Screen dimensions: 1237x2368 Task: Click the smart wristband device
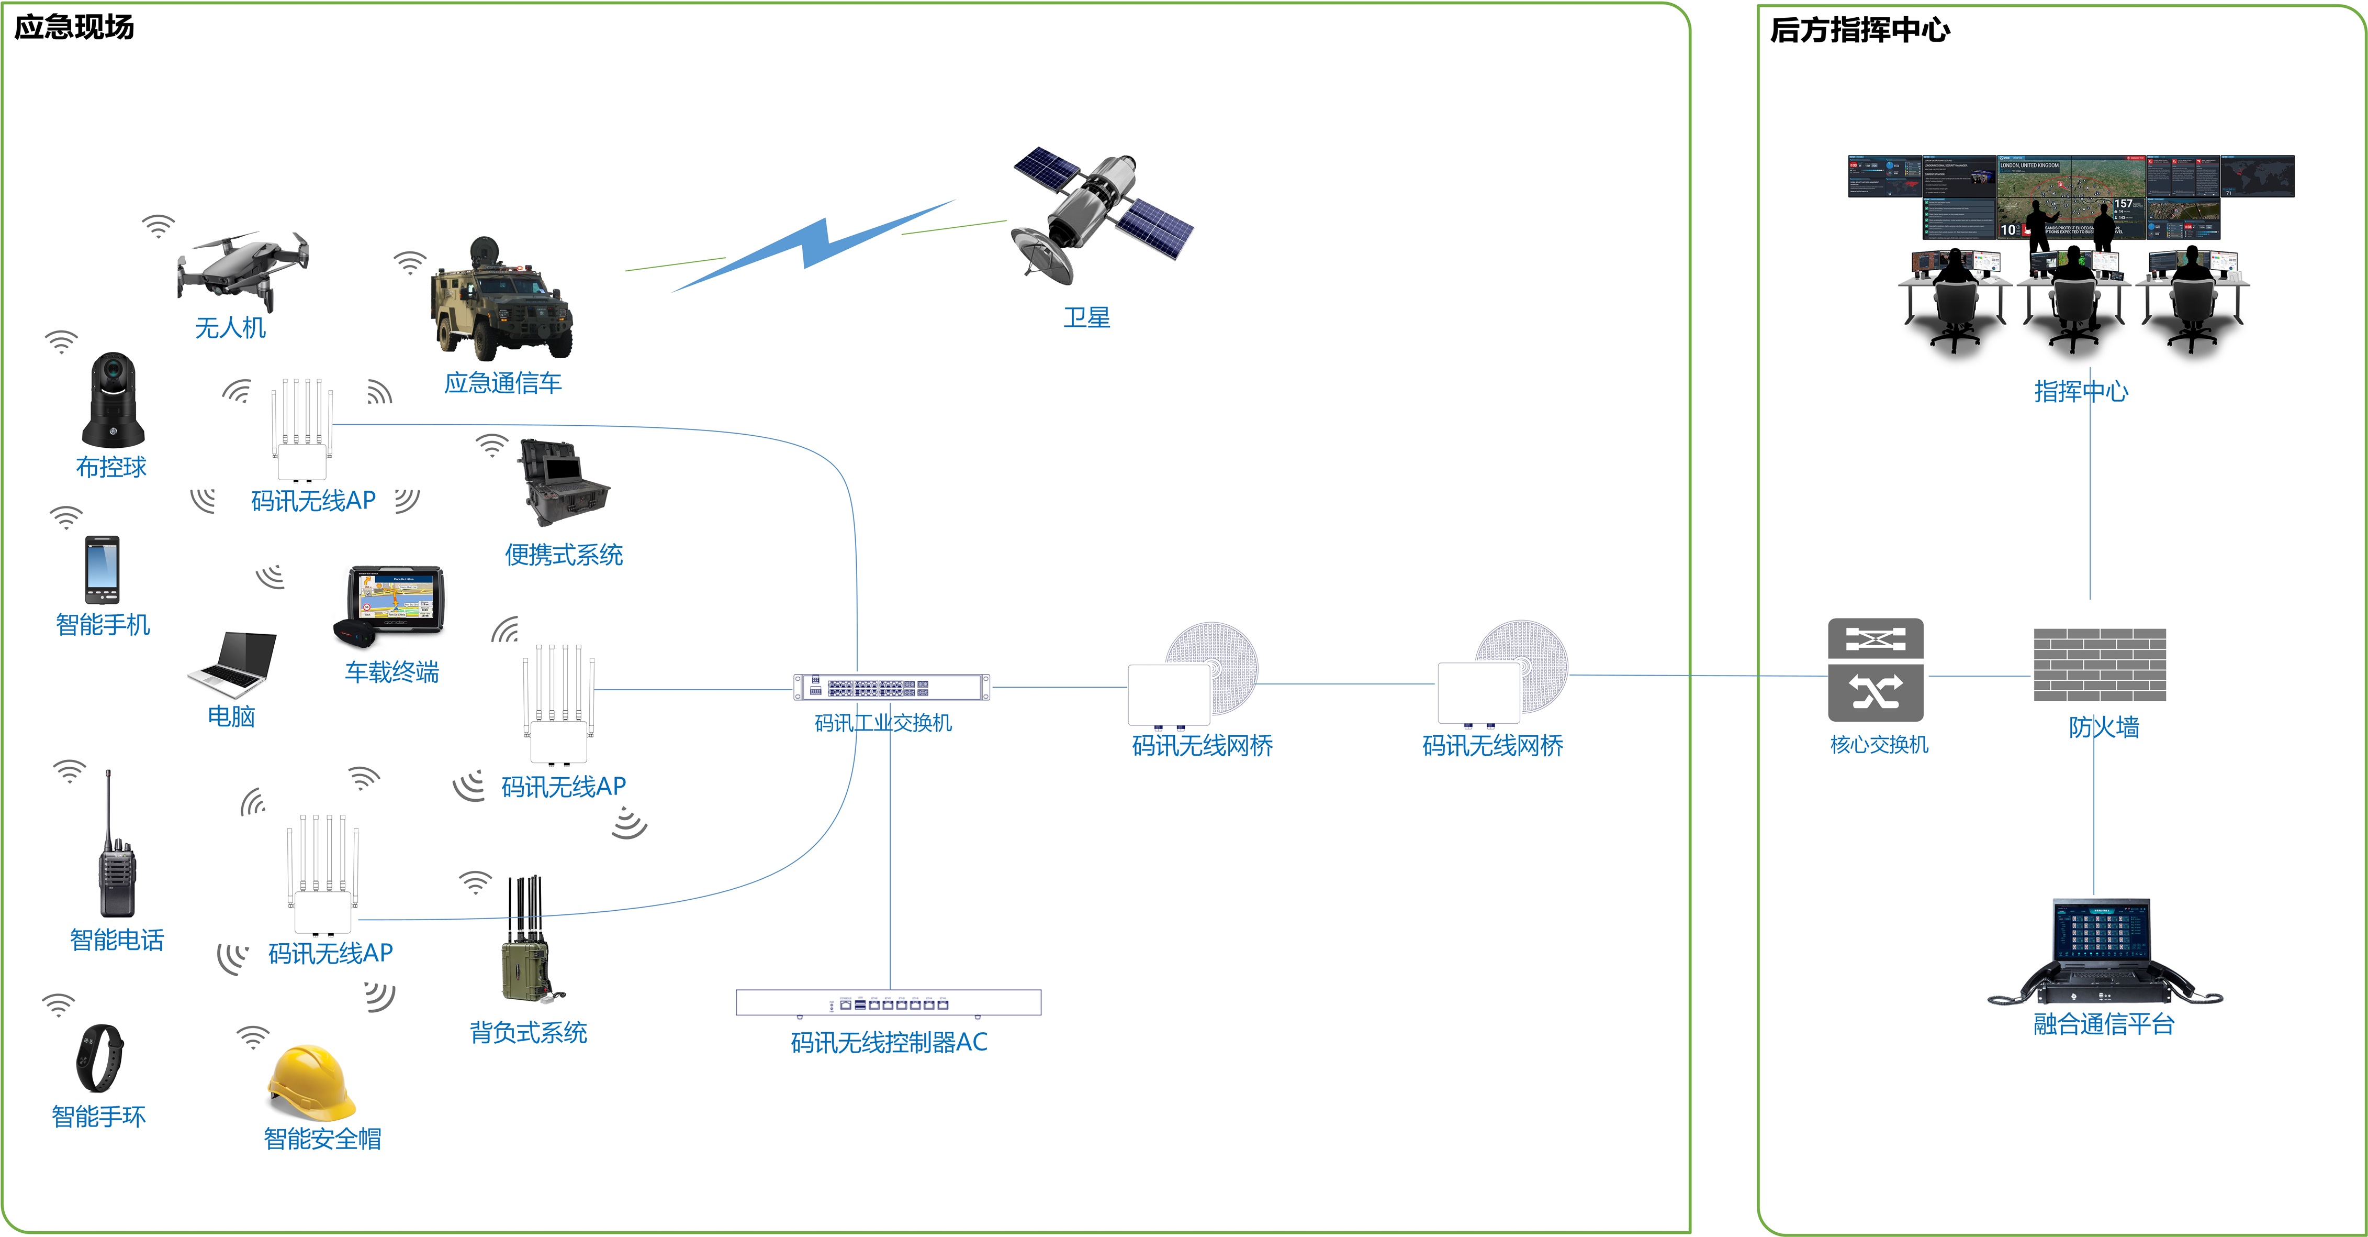coord(99,1058)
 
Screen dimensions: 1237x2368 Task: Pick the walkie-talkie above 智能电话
coord(117,855)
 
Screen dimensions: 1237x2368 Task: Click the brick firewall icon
coord(2100,665)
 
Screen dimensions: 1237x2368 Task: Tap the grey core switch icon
coord(1875,669)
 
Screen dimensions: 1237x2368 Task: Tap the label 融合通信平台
coord(2103,1024)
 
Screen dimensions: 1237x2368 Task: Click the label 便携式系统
coord(564,555)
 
